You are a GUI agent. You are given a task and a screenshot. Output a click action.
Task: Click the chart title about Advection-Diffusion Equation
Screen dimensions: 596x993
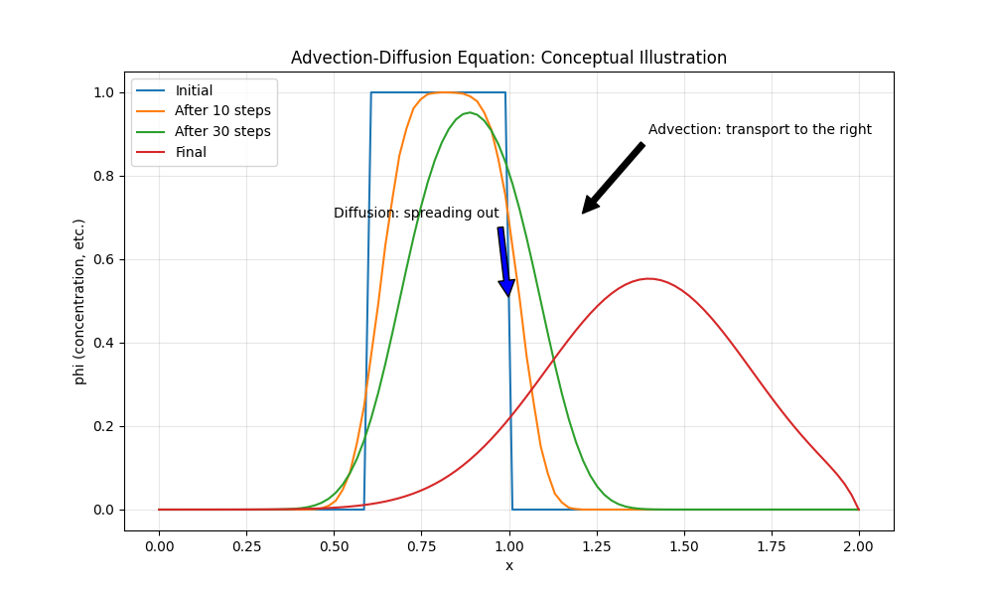[508, 58]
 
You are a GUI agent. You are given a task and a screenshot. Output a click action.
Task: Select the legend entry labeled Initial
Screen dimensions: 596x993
[194, 90]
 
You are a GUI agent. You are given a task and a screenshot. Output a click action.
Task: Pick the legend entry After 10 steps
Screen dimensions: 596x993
[222, 110]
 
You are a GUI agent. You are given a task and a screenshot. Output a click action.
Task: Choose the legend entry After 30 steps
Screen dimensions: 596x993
[222, 131]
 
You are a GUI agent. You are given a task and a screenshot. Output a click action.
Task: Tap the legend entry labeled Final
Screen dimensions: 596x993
[191, 152]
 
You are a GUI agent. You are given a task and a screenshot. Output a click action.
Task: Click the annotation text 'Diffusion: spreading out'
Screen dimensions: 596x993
[416, 214]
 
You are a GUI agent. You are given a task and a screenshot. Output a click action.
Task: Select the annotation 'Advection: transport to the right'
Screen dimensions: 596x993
[760, 129]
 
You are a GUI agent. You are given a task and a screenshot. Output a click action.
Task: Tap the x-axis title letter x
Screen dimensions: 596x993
[509, 566]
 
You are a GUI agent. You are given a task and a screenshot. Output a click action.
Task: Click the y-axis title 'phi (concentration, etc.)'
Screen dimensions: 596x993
[79, 301]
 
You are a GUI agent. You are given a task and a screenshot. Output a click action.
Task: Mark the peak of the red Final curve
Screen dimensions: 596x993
[648, 278]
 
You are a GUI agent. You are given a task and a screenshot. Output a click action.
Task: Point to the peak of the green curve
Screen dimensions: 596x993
[472, 113]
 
